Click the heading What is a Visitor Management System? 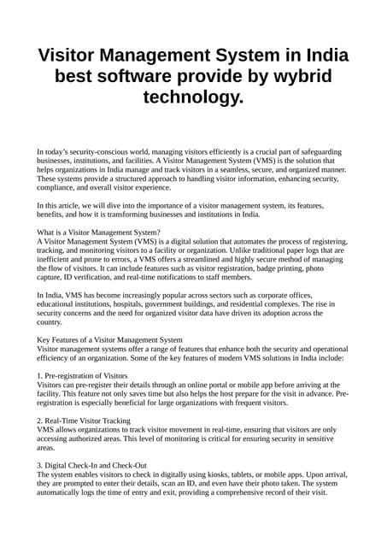99,232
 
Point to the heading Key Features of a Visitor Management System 110,339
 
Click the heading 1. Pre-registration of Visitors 83,375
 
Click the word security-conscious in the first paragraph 103,152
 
